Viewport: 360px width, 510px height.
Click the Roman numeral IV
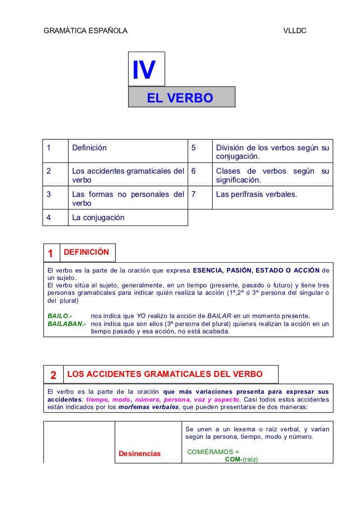[x=144, y=70]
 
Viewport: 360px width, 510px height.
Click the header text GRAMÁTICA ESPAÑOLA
[x=86, y=31]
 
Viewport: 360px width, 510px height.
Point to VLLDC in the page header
[x=295, y=31]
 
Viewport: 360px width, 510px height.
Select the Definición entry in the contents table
[x=90, y=147]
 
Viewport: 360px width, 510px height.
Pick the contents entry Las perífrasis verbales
[x=257, y=194]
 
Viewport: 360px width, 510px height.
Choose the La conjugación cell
[x=98, y=217]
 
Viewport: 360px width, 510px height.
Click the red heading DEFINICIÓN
[x=87, y=252]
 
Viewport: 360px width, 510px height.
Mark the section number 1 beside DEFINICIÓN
[x=50, y=253]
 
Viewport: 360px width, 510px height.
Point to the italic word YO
[x=141, y=316]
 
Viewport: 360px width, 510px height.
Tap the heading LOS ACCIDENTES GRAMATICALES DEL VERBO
[x=164, y=373]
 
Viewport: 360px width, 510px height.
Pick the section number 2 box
[x=53, y=374]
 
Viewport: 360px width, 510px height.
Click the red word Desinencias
[x=140, y=453]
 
